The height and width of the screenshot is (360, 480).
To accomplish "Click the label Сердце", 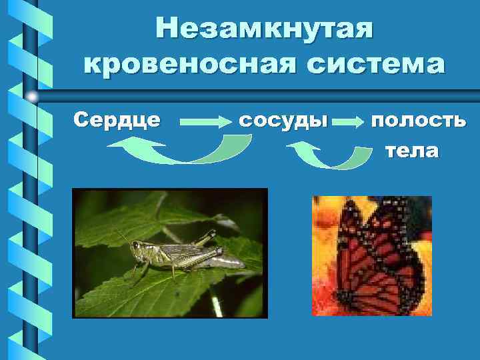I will point(117,120).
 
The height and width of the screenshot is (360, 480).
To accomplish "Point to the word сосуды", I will point(283,121).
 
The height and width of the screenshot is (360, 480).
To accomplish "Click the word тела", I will point(412,151).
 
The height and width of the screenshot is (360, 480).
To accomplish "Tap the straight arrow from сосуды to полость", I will point(346,123).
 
